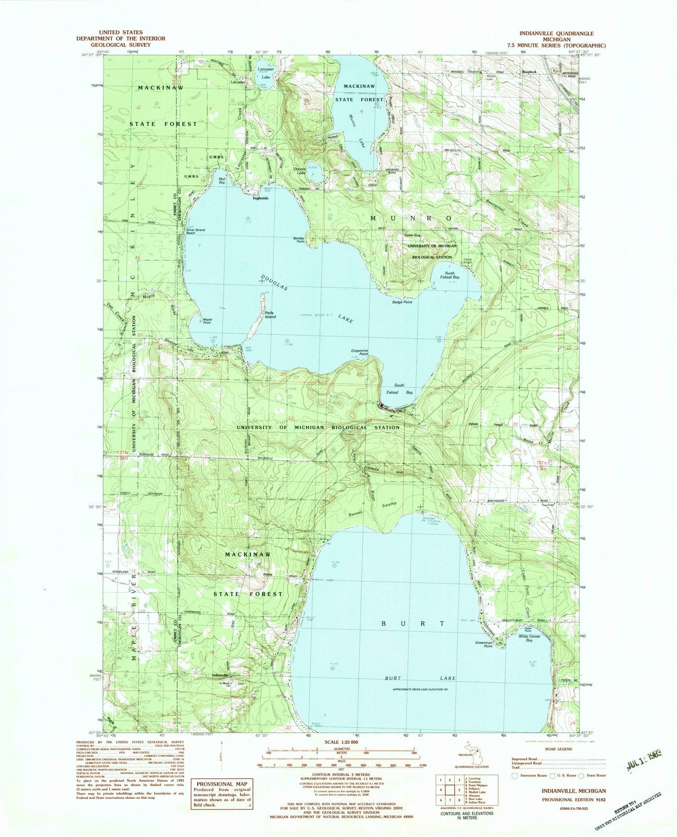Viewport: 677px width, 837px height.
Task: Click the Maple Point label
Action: coord(207,321)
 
